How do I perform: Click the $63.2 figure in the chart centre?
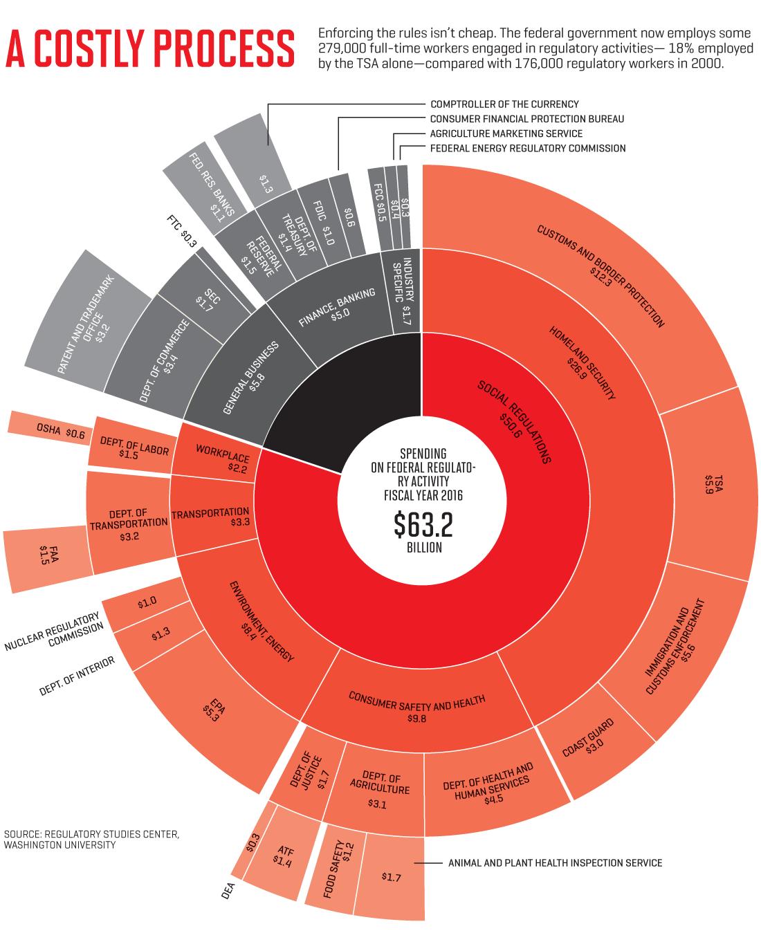click(x=423, y=525)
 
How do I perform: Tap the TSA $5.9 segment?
click(x=708, y=484)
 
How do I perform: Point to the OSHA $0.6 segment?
click(x=51, y=428)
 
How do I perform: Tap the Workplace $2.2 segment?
click(x=217, y=454)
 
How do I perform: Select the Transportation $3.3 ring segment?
click(x=212, y=515)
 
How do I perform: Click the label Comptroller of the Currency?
click(x=504, y=104)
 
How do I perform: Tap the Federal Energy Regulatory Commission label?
click(x=528, y=148)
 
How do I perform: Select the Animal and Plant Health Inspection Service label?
click(x=556, y=862)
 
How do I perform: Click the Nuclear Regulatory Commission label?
click(x=54, y=631)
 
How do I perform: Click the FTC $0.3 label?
click(x=182, y=231)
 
